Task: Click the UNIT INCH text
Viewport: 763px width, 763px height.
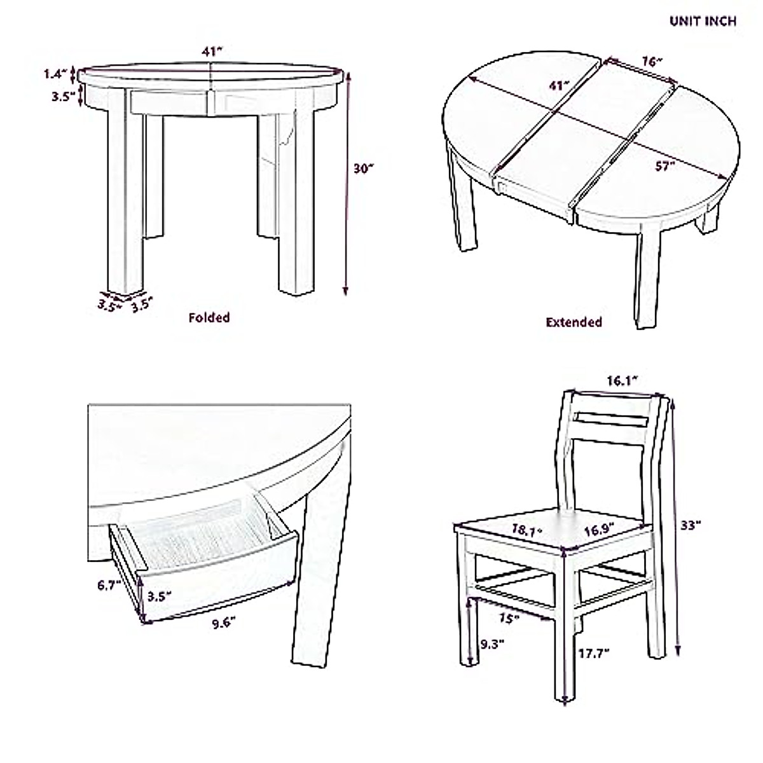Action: [702, 21]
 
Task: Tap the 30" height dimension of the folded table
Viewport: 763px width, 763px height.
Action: [364, 168]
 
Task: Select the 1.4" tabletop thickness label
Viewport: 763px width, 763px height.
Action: [55, 74]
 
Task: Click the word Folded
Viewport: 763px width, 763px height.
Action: [209, 317]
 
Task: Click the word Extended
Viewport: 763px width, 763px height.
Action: [574, 322]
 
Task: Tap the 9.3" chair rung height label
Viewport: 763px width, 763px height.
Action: [492, 643]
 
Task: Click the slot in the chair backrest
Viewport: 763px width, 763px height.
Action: [609, 420]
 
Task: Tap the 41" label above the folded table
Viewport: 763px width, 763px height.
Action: [212, 53]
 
